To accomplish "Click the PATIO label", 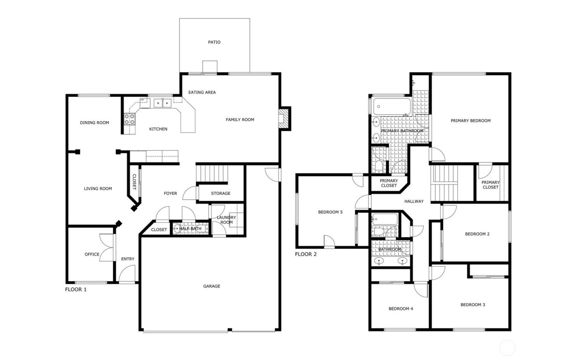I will (x=214, y=42).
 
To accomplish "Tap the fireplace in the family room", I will (x=284, y=119).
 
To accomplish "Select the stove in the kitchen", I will (x=130, y=119).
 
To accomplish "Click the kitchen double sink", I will (x=162, y=103).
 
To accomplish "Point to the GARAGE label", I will (x=211, y=286).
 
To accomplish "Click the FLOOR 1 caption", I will (x=76, y=290).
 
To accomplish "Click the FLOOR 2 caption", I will (x=306, y=254).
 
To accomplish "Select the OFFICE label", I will (x=92, y=254).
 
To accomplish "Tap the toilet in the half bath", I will (x=177, y=229).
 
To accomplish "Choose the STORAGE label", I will (x=220, y=194).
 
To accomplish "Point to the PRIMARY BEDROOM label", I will (x=470, y=121).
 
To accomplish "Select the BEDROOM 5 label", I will (x=330, y=213).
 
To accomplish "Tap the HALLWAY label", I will (x=414, y=201).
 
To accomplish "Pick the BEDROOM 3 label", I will (x=473, y=305).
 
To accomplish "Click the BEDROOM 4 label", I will (x=401, y=309).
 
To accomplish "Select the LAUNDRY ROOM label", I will (x=226, y=220).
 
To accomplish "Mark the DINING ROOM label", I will (x=94, y=123).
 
